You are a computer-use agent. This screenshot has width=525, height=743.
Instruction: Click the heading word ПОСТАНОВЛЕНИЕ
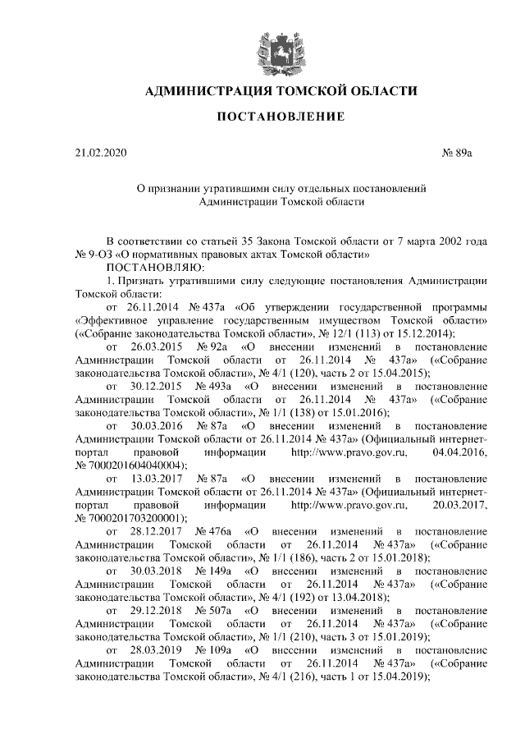280,117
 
